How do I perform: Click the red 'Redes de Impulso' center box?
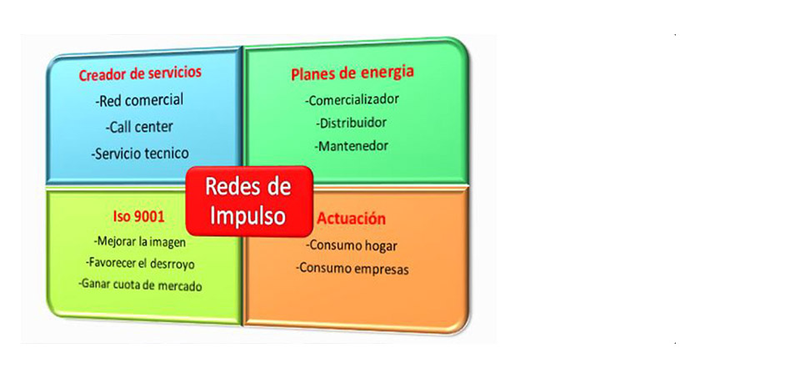coord(249,201)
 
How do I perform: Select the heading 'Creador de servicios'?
coord(140,73)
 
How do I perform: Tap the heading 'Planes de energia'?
coord(352,73)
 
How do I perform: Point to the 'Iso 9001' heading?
coord(138,217)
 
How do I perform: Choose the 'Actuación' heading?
coord(351,219)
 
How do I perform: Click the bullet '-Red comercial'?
coord(139,100)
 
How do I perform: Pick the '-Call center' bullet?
coord(140,127)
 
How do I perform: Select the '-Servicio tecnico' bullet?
coord(142,153)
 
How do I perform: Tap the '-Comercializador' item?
coord(352,99)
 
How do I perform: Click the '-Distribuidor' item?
coord(351,123)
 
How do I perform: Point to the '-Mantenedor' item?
coord(352,146)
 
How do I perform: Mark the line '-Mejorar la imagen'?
coord(140,242)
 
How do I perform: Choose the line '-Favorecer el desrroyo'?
coord(140,264)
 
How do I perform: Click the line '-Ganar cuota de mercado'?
coord(140,285)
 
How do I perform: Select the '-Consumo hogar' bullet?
coord(352,245)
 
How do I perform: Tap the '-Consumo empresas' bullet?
coord(352,268)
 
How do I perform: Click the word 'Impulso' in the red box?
coord(248,216)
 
